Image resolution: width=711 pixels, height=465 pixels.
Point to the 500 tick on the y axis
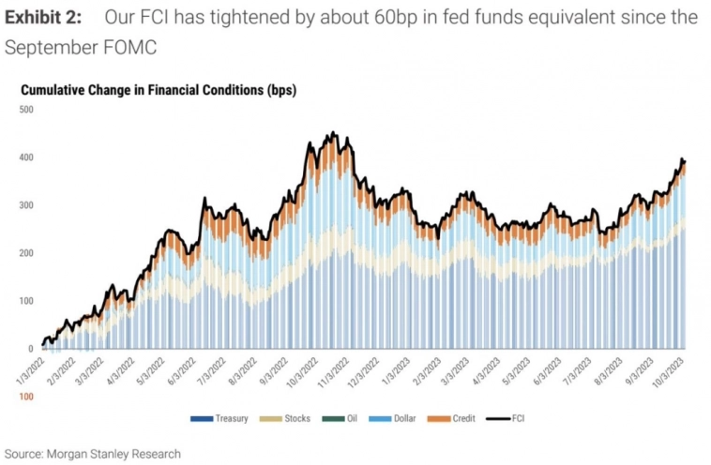pyautogui.click(x=26, y=110)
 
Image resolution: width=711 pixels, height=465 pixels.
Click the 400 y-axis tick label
pyautogui.click(x=26, y=157)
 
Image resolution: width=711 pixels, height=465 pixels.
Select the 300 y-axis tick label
pyautogui.click(x=26, y=205)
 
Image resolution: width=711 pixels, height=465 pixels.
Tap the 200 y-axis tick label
pyautogui.click(x=26, y=253)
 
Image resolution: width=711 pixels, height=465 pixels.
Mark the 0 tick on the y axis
pyautogui.click(x=31, y=349)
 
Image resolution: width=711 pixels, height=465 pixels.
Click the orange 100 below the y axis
pyautogui.click(x=26, y=397)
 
